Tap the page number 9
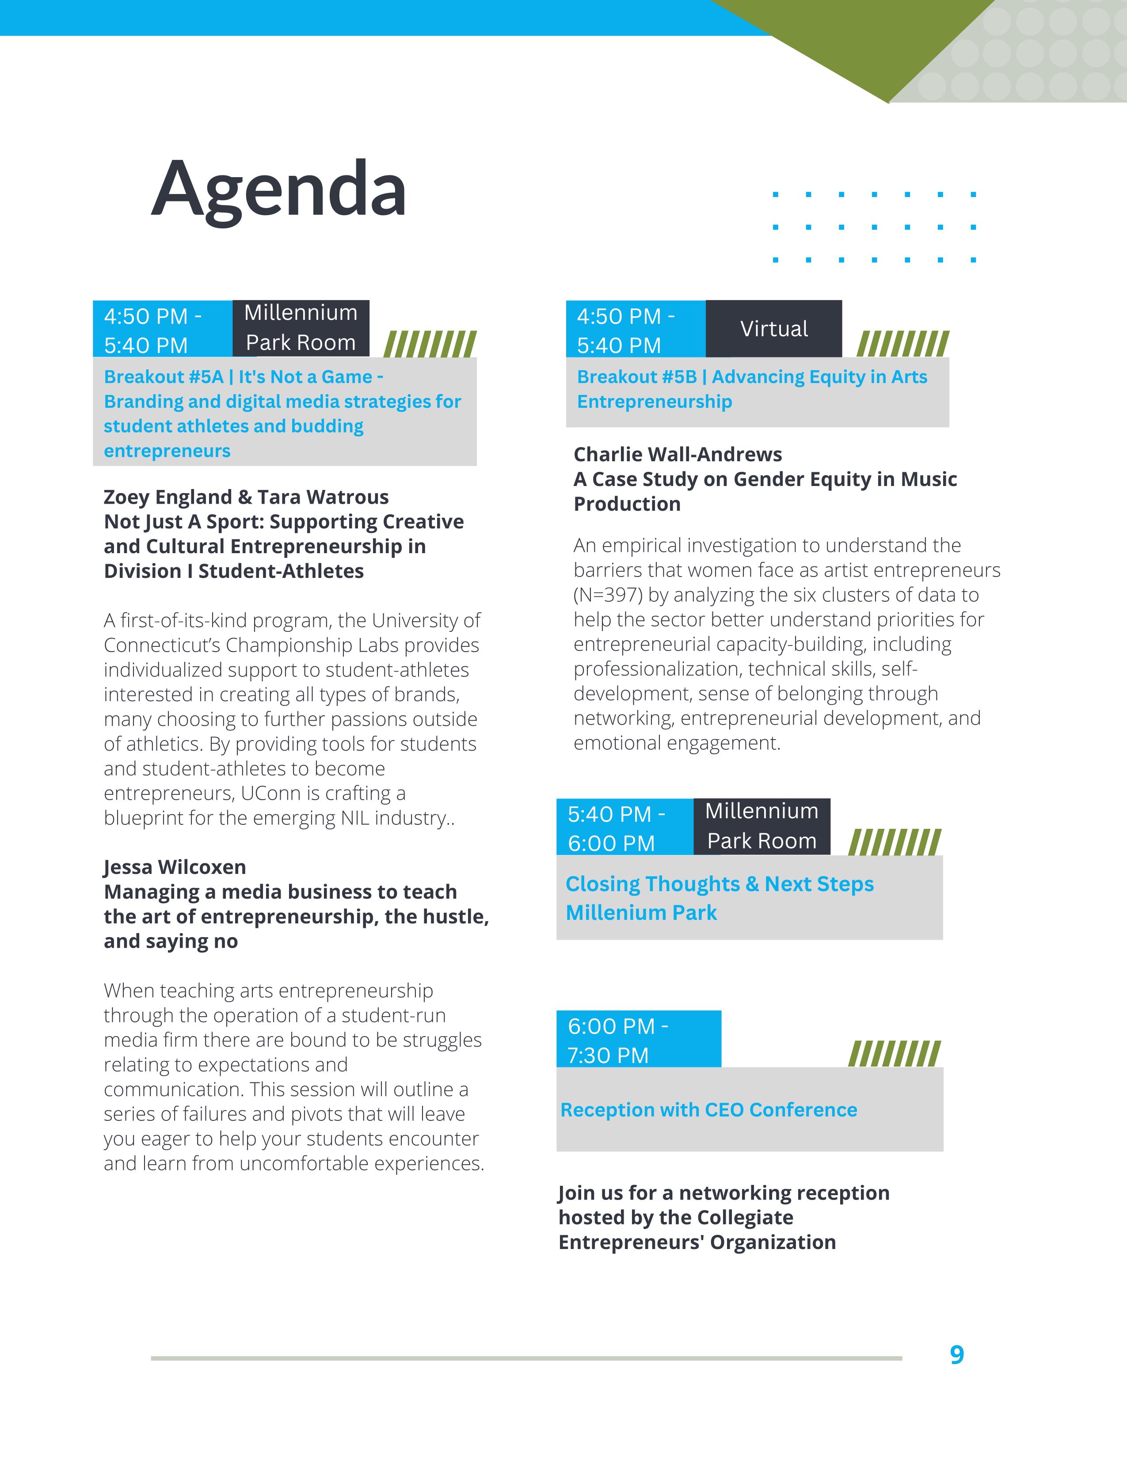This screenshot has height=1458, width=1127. coord(957,1355)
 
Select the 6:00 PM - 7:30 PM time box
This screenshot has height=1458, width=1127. coord(638,1040)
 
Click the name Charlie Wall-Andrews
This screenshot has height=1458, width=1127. coord(678,455)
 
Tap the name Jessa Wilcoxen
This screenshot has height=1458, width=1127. coord(175,867)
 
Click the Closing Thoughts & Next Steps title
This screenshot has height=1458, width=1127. coord(719,884)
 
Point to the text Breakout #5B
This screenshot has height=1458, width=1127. coord(636,377)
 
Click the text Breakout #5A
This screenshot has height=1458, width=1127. coord(163,377)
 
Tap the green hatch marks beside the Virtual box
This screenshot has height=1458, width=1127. coord(902,344)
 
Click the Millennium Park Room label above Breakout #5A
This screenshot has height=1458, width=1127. coord(301,328)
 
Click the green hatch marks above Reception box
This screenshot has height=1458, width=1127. coord(894,1053)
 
